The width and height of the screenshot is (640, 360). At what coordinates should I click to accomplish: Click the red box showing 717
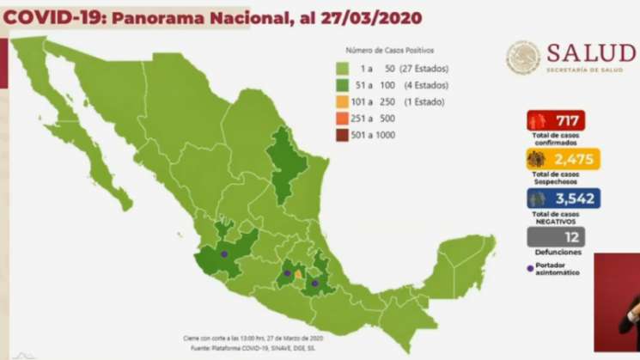click(558, 120)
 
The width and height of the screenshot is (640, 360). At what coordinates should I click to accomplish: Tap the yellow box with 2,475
click(562, 159)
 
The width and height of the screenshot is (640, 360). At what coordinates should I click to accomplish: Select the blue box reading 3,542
click(563, 198)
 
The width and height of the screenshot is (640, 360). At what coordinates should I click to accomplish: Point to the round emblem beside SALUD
click(523, 58)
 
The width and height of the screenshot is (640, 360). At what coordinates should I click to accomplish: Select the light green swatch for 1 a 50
click(342, 69)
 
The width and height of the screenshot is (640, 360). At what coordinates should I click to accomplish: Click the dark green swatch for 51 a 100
click(342, 85)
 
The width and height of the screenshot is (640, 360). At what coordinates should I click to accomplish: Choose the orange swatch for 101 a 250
click(342, 102)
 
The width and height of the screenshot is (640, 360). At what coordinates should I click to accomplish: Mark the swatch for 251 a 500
click(342, 119)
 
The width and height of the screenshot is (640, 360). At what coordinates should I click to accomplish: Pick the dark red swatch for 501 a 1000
click(342, 135)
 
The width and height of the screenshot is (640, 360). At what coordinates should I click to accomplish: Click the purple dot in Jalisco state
click(224, 254)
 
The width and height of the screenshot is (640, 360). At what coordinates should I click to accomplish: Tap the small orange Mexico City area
click(298, 274)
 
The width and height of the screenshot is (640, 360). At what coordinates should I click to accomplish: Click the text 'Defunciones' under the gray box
click(557, 252)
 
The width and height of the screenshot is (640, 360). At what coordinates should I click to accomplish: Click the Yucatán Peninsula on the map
click(464, 258)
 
